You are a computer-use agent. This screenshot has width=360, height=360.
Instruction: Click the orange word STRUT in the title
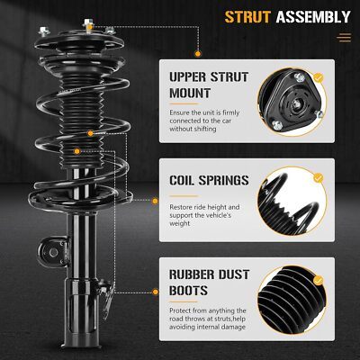[x=247, y=17]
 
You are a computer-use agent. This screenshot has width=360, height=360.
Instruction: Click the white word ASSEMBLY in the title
[x=313, y=17]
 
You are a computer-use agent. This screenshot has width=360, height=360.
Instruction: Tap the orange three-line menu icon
[x=344, y=38]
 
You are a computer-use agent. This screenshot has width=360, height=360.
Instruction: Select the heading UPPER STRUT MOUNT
[x=209, y=85]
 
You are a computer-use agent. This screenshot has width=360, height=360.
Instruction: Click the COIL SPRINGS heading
[x=209, y=180]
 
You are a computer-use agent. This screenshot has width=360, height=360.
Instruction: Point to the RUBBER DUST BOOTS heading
[x=209, y=283]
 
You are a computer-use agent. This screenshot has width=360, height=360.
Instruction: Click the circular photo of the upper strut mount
[x=292, y=102]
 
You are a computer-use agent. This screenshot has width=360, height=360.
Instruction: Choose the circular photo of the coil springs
[x=292, y=201]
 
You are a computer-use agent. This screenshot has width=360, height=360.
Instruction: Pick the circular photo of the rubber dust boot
[x=292, y=300]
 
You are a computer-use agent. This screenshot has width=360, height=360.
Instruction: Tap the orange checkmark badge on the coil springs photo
[x=319, y=178]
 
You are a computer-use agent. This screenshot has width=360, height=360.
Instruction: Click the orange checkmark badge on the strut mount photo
[x=319, y=78]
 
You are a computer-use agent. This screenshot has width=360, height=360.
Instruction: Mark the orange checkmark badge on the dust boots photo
[x=319, y=281]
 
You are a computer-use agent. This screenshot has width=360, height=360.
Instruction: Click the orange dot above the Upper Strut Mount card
[x=198, y=54]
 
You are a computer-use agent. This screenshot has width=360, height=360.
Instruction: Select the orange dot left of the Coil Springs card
[x=155, y=201]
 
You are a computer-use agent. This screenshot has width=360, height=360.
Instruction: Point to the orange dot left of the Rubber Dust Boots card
[x=156, y=292]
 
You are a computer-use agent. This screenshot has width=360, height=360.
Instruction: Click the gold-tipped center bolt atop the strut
[x=88, y=25]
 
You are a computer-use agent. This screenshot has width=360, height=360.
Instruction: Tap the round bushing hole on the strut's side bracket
[x=54, y=253]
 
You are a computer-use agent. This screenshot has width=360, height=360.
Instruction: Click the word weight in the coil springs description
[x=180, y=224]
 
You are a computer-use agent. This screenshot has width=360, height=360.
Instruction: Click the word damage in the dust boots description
[x=233, y=327]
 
